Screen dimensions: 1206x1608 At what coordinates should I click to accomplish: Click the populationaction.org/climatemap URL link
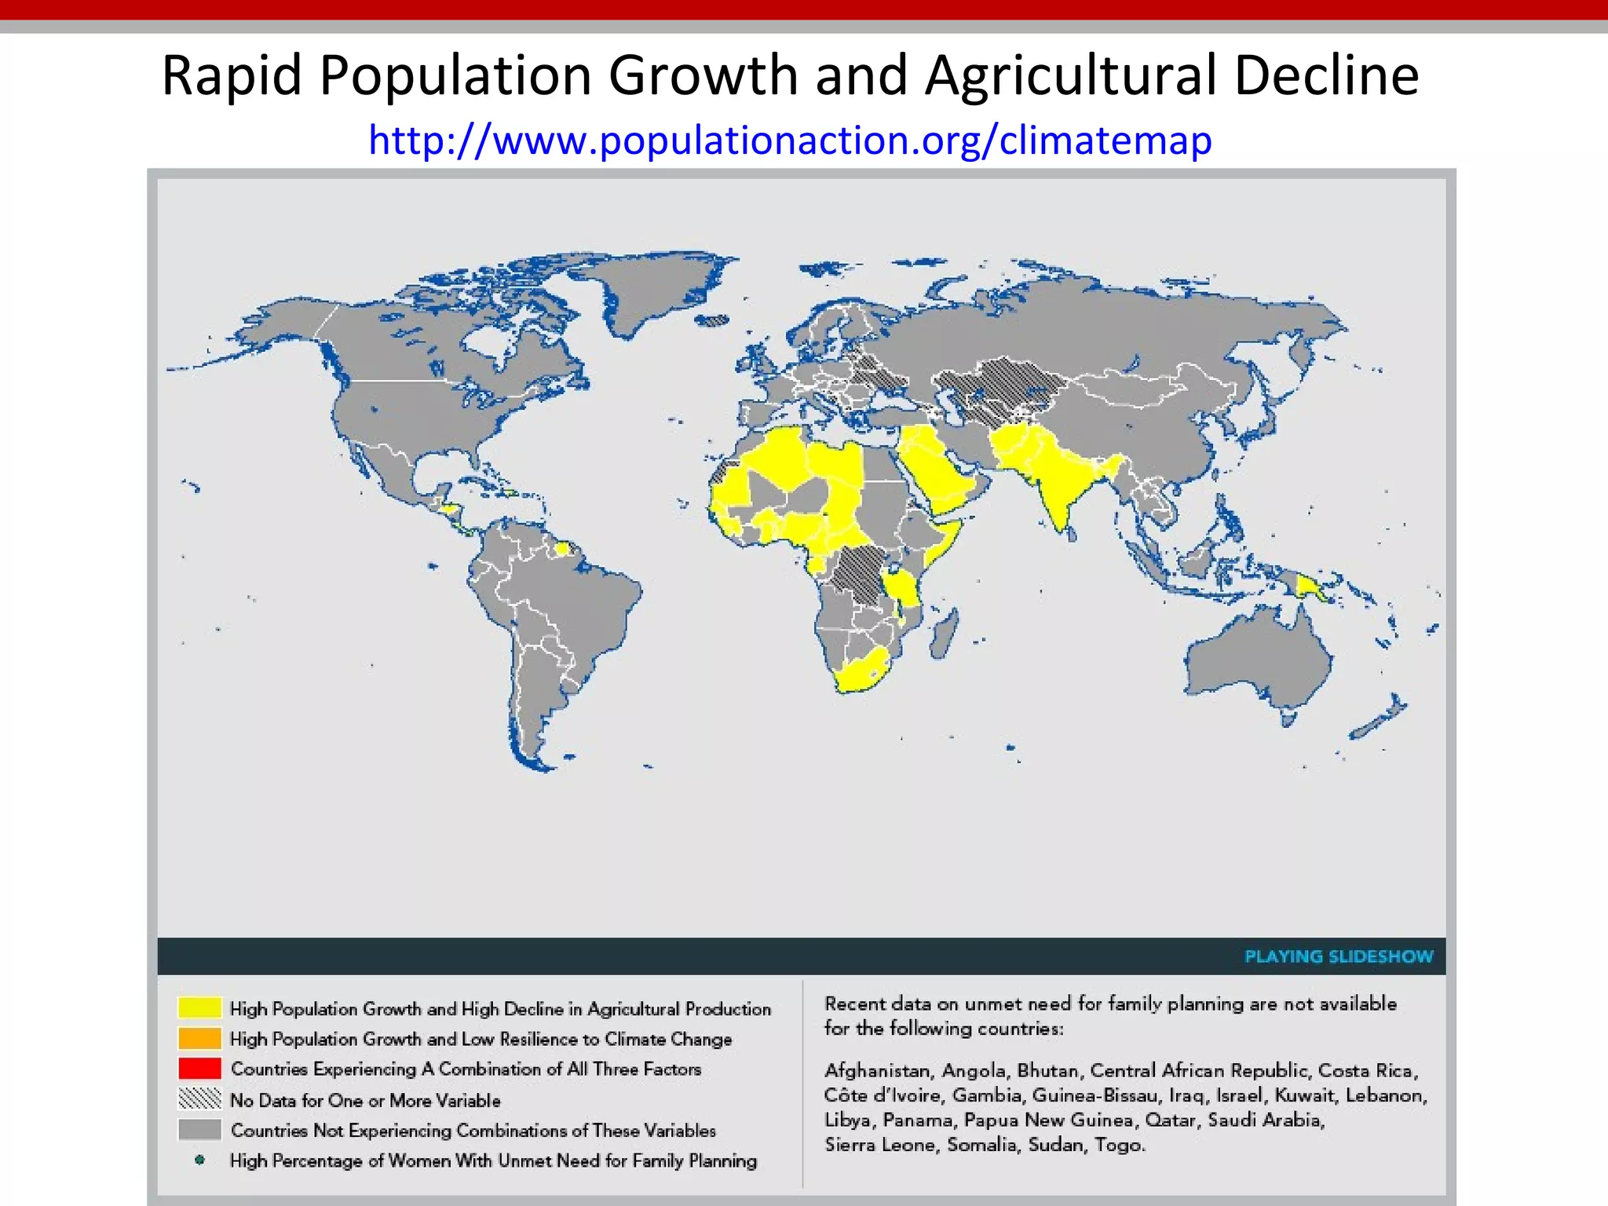click(x=790, y=141)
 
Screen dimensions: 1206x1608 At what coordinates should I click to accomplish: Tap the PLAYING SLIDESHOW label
click(x=1339, y=956)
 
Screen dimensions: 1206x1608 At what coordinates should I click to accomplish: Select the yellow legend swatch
click(x=199, y=1007)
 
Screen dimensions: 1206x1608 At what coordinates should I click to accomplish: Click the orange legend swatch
click(x=199, y=1038)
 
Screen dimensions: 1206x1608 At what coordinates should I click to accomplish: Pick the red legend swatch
click(x=199, y=1069)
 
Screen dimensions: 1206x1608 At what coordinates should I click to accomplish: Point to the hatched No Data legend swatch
click(x=199, y=1099)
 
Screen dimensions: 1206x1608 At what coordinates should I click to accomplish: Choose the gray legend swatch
click(x=199, y=1130)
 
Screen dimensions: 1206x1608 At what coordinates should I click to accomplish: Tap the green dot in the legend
click(x=199, y=1160)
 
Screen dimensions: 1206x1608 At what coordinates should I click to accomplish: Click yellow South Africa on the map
click(x=861, y=672)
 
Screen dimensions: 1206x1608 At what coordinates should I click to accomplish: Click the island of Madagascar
click(x=944, y=634)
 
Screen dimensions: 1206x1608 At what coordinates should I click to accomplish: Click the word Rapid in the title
click(x=232, y=76)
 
